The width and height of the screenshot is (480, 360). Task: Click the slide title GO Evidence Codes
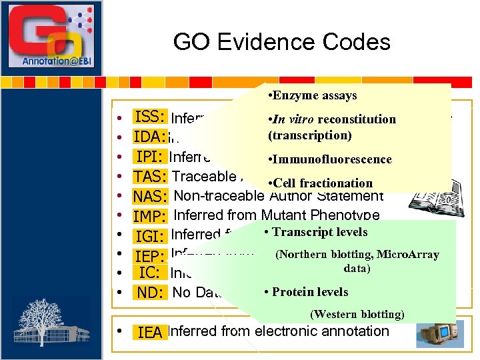281,42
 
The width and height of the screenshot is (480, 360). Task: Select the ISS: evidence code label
150,117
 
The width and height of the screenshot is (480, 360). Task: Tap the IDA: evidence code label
150,137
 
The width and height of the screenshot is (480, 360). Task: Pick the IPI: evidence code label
150,157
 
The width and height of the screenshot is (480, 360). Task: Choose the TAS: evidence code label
150,177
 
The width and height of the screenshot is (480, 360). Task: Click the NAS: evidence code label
150,197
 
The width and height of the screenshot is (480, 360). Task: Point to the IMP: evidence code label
150,217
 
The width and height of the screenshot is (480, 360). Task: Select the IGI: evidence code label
150,236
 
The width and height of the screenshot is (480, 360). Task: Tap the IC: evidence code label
149,273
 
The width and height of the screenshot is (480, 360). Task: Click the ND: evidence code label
150,293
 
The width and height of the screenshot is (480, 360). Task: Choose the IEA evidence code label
149,332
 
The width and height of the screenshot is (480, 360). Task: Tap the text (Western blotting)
357,314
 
